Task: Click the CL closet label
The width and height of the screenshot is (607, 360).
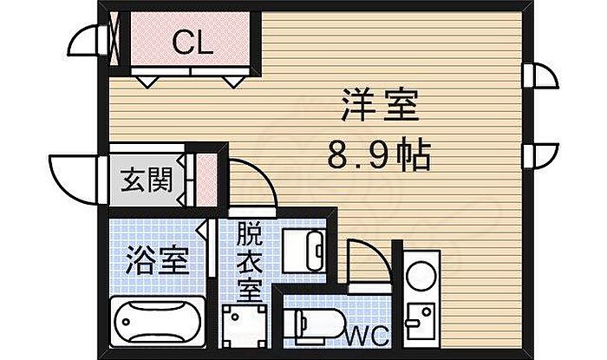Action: click(193, 43)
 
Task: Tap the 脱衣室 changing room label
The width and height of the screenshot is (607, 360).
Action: click(250, 260)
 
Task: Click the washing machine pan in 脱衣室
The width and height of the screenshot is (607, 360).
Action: click(245, 328)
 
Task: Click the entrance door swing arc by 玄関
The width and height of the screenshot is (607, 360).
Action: click(73, 177)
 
